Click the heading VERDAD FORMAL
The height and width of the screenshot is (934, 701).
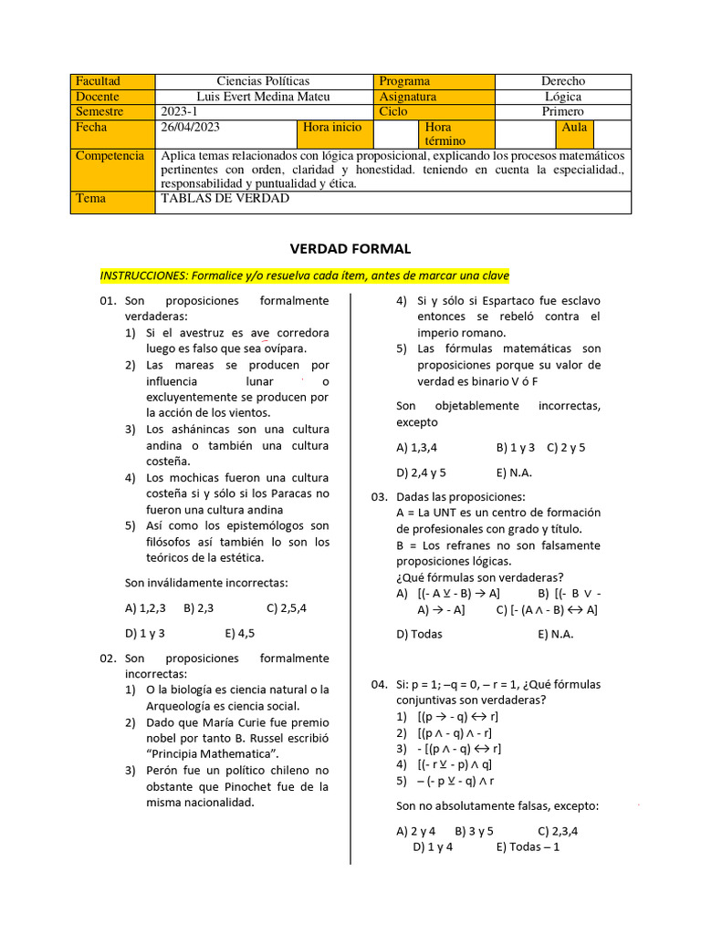click(350, 248)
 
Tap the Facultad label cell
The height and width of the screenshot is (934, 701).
click(98, 81)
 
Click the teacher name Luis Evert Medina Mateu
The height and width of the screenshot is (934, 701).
click(263, 97)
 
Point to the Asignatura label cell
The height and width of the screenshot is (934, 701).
click(408, 97)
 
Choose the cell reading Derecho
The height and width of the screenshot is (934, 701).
click(562, 81)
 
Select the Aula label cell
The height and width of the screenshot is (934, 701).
click(574, 128)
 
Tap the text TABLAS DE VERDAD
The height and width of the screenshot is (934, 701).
click(225, 198)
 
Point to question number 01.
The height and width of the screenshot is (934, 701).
click(108, 301)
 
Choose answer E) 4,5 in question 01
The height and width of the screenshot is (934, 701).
click(239, 631)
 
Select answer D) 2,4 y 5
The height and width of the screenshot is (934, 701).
click(421, 472)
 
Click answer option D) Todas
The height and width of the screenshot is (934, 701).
click(419, 634)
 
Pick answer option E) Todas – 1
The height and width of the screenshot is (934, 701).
click(528, 846)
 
